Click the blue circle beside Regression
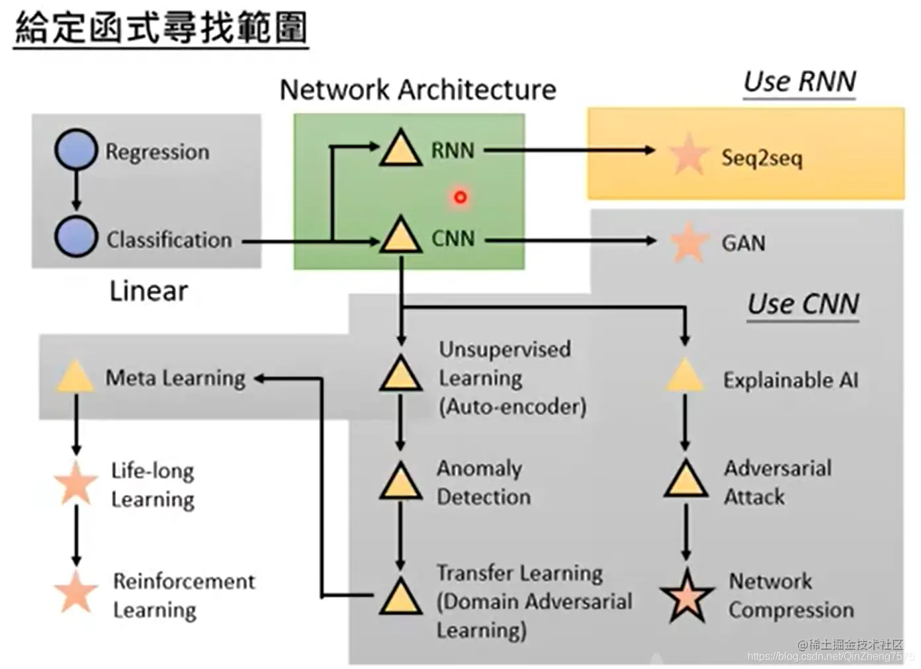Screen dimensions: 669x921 click(75, 149)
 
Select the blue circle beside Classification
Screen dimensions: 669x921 click(75, 237)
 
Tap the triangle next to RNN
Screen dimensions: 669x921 click(401, 149)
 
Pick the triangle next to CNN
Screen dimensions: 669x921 click(401, 237)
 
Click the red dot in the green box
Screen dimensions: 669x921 click(460, 196)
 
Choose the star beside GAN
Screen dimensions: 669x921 click(688, 243)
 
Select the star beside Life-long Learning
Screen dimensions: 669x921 click(75, 483)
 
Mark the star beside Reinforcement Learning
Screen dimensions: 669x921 click(75, 592)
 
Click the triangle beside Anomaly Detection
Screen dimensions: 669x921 click(400, 482)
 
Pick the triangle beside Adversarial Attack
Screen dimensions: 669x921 click(685, 480)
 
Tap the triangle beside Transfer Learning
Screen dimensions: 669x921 click(400, 598)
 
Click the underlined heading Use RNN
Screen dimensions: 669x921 click(799, 82)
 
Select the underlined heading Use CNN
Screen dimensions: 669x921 click(803, 304)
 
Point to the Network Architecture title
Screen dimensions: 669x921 click(417, 90)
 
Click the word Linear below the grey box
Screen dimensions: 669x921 click(148, 292)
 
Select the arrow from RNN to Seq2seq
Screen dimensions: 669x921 click(569, 150)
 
